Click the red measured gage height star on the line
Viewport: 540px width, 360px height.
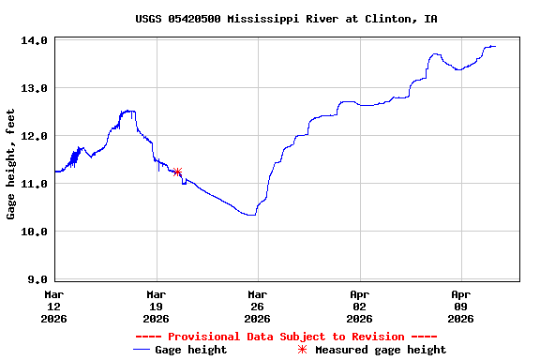[x=177, y=172]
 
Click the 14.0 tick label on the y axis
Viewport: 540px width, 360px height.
[x=35, y=40]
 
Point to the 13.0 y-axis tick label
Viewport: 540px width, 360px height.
[x=35, y=88]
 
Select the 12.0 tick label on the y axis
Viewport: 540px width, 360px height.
[x=35, y=136]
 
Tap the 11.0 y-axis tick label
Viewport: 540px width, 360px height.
[x=35, y=184]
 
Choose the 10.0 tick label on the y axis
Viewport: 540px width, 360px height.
[x=35, y=232]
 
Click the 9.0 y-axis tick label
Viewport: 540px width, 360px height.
[x=38, y=279]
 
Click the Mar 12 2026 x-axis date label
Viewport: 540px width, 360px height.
[x=54, y=306]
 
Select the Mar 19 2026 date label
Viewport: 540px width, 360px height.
[x=156, y=306]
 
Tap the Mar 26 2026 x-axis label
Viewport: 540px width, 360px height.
[x=257, y=306]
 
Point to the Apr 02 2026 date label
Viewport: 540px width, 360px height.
[x=359, y=306]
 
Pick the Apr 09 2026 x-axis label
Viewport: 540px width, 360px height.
[x=460, y=306]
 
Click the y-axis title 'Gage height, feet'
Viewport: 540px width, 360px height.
[x=11, y=164]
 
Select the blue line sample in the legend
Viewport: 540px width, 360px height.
[x=142, y=350]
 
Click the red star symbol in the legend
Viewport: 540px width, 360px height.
[x=302, y=350]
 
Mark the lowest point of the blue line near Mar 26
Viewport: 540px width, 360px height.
[x=251, y=215]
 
